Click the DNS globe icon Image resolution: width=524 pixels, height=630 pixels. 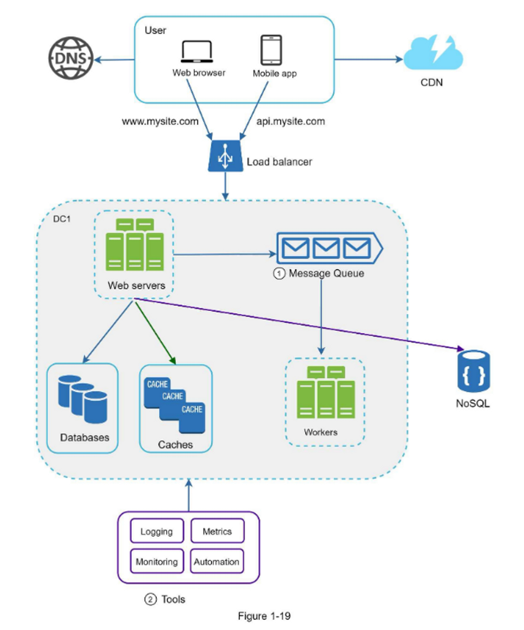coord(71,58)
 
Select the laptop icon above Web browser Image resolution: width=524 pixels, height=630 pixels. coord(197,52)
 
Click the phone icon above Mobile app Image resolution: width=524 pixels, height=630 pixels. coord(271,50)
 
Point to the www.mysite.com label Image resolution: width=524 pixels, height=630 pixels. coord(160,121)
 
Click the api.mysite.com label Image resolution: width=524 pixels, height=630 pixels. coord(291,121)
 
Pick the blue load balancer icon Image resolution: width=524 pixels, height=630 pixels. coord(225,157)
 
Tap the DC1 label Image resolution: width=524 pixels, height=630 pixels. coord(62,219)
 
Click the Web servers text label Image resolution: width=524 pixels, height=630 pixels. coord(137,285)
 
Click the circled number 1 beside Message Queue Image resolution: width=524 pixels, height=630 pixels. coord(279,274)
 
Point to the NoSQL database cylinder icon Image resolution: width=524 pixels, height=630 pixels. coord(473,371)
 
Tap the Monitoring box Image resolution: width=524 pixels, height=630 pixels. coord(157,562)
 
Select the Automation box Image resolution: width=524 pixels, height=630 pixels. coord(217,562)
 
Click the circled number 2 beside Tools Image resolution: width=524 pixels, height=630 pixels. coord(150,599)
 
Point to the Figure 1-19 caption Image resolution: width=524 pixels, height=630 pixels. coord(264,616)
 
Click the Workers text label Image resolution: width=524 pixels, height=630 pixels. coord(320,432)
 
